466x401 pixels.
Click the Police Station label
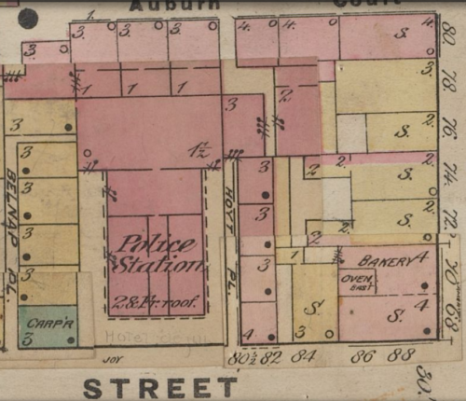coord(156,254)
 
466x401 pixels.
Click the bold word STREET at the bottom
coord(160,386)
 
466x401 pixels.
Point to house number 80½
coord(242,355)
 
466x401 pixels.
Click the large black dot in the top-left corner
coord(28,17)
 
